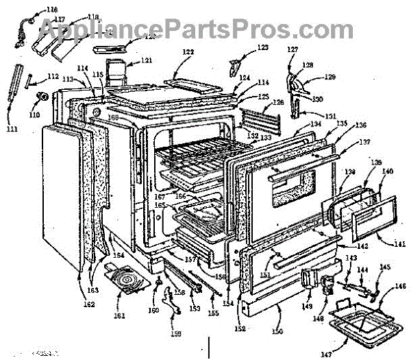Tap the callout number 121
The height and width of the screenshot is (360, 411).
point(147,61)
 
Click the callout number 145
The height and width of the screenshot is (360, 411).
point(386,268)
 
